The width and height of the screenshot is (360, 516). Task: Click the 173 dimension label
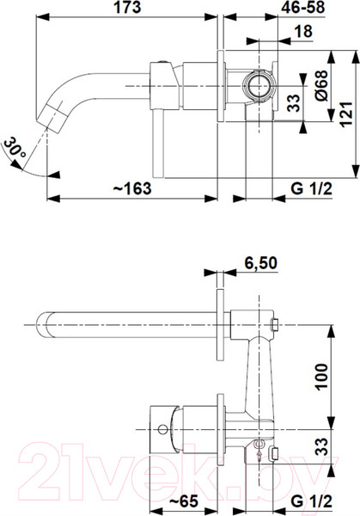pyautogui.click(x=127, y=7)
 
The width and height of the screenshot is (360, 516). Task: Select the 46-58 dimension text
pyautogui.click(x=302, y=7)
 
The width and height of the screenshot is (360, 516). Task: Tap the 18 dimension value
pyautogui.click(x=302, y=32)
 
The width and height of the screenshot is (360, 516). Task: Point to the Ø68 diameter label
pyautogui.click(x=321, y=85)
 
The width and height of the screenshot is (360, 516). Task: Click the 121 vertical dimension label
pyautogui.click(x=346, y=114)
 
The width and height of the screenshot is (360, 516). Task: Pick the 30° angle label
pyautogui.click(x=15, y=149)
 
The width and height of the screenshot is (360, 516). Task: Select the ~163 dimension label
pyautogui.click(x=132, y=188)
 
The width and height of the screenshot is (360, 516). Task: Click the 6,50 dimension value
pyautogui.click(x=260, y=263)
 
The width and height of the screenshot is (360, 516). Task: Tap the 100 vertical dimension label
pyautogui.click(x=322, y=377)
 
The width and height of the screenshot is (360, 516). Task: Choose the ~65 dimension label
pyautogui.click(x=184, y=501)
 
